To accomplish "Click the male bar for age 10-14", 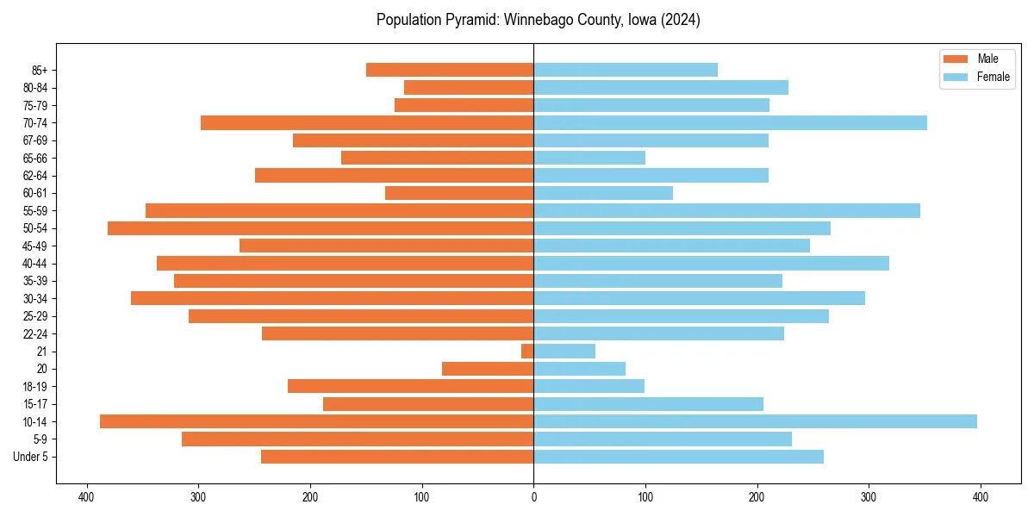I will point(316,421).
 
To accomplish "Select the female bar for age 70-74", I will point(730,123).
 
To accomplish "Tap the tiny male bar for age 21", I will point(527,352).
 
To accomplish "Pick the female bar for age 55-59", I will point(726,211).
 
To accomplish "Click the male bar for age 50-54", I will point(321,228).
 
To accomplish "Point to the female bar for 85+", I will point(626,70).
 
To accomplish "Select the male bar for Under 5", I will point(397,457).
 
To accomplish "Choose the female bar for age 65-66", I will point(589,158).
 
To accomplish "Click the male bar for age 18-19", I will point(410,386).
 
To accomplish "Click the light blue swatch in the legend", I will point(956,77).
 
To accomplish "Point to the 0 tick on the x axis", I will point(533,496).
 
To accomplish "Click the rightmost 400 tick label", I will point(981,496).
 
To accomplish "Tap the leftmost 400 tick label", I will point(86,496).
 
